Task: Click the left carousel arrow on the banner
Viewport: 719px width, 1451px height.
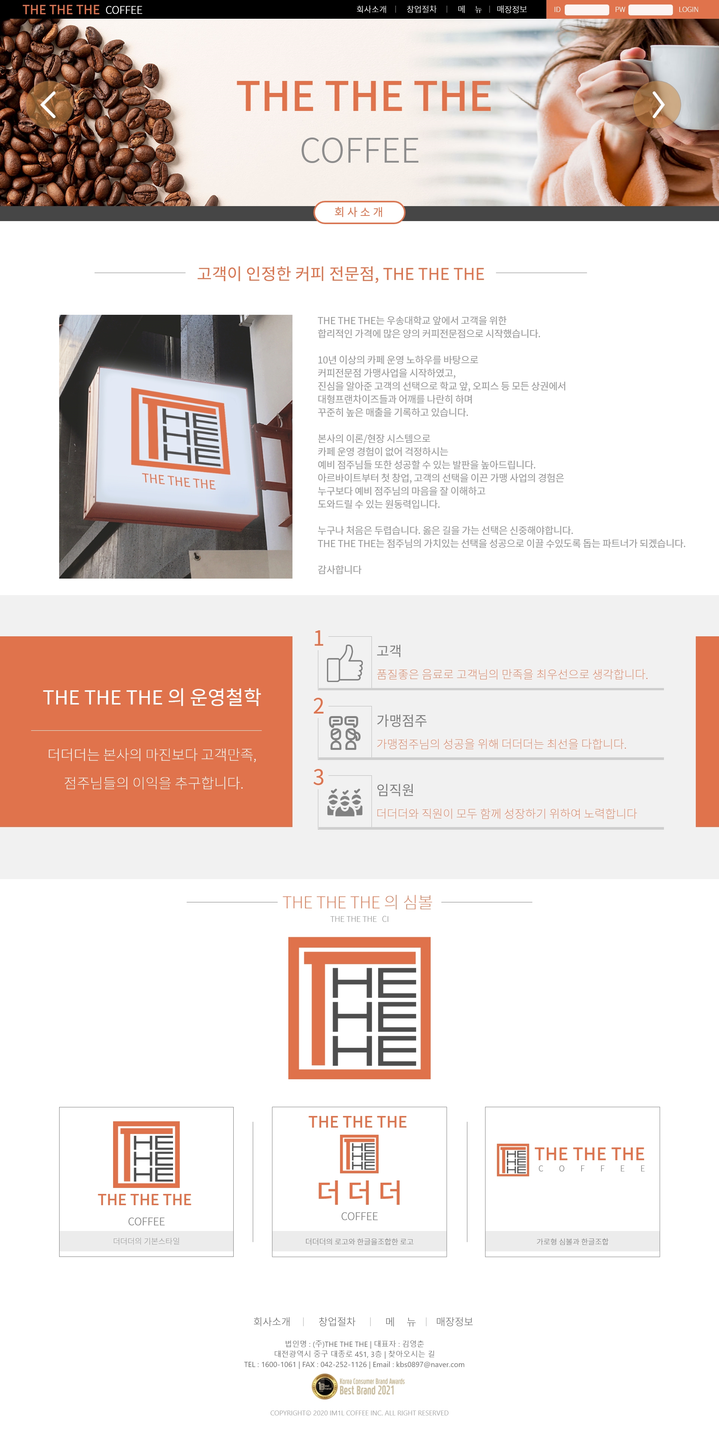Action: pyautogui.click(x=49, y=105)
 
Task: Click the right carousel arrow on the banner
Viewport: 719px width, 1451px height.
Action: pyautogui.click(x=657, y=105)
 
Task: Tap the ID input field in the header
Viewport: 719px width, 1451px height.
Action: pyautogui.click(x=587, y=10)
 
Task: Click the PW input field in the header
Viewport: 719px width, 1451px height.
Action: pyautogui.click(x=650, y=10)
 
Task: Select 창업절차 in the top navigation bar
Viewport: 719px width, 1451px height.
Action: pyautogui.click(x=422, y=9)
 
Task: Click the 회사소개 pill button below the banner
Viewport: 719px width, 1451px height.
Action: pyautogui.click(x=359, y=212)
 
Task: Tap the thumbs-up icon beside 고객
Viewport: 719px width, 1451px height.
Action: pyautogui.click(x=345, y=663)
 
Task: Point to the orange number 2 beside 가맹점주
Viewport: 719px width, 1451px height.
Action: pyautogui.click(x=319, y=706)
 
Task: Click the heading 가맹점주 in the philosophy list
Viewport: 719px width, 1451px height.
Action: pyautogui.click(x=401, y=720)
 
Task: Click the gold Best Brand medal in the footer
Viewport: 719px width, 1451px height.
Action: pyautogui.click(x=324, y=1386)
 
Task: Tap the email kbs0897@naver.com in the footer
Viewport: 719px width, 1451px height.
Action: pyautogui.click(x=430, y=1364)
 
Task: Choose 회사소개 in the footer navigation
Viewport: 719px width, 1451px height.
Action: pyautogui.click(x=272, y=1321)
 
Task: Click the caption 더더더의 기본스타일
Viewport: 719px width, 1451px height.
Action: pyautogui.click(x=146, y=1241)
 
